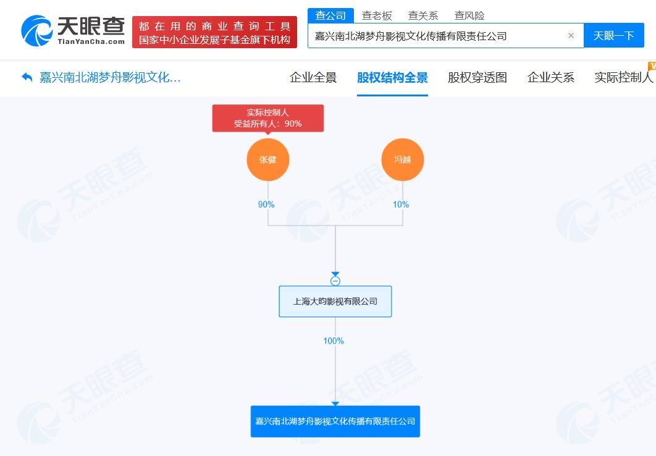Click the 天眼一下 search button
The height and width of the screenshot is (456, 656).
coord(613,36)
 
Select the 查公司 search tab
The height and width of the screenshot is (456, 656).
coord(330,15)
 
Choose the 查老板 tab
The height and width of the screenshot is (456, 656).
coord(377,16)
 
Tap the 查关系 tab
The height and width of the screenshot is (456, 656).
coord(423,16)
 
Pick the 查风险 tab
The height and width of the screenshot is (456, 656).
coord(469,16)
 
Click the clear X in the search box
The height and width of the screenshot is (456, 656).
coord(571,36)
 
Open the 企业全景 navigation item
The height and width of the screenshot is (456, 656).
coord(313,77)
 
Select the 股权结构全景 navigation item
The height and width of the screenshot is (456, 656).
coord(392,77)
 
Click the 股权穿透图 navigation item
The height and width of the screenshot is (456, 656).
coord(477,77)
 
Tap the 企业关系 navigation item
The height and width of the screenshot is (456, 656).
coord(550,77)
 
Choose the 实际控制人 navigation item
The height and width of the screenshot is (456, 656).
coord(624,77)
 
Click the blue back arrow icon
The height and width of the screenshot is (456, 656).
coord(27,77)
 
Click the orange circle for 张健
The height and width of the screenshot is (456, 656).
coord(267,159)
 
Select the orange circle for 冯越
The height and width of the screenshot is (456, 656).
coord(403,159)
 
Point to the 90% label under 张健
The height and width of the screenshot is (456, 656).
coord(266,204)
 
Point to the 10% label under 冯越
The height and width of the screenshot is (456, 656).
coord(401,204)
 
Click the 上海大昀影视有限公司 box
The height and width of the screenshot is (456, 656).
coord(335,301)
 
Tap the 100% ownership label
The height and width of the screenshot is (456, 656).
coord(334,341)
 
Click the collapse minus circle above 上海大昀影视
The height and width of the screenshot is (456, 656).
coord(335,281)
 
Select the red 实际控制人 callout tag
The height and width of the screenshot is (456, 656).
coord(267,119)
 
